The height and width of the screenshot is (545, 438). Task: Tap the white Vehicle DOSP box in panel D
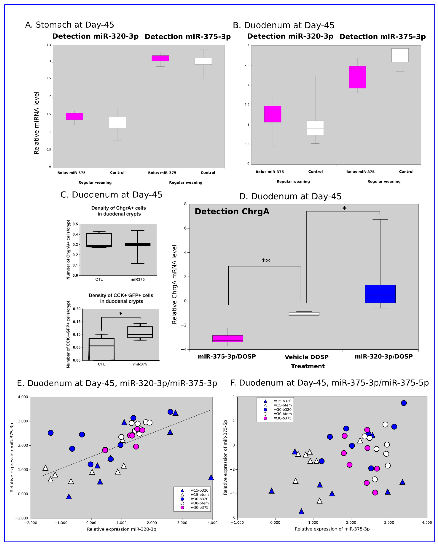tap(304, 314)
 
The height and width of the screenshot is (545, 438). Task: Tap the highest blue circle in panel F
tap(404, 403)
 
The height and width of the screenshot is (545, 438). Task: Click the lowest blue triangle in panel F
tap(301, 511)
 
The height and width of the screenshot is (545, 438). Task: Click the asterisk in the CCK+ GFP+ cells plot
tap(121, 313)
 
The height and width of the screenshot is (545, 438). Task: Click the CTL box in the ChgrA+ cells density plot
tap(99, 240)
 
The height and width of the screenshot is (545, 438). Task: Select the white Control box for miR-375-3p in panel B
tap(400, 55)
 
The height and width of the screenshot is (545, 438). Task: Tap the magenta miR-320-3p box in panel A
tap(74, 116)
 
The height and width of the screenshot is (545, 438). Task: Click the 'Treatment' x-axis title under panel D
tap(308, 366)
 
